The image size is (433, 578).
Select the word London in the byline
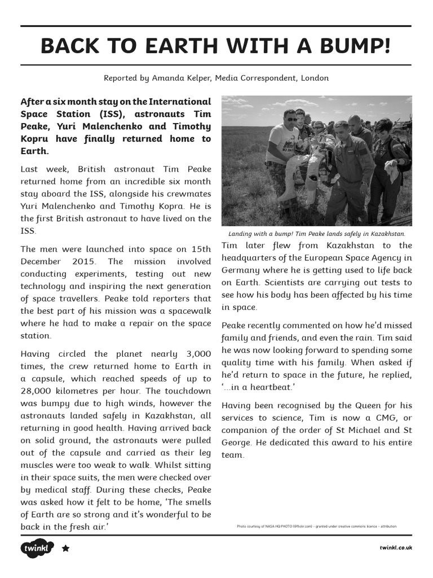coord(315,78)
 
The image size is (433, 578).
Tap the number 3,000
coord(199,354)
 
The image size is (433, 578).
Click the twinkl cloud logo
coord(37,548)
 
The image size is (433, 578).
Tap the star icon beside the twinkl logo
coord(65,548)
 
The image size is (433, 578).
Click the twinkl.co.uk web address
coord(396,548)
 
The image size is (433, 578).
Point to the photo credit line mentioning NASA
coord(316,526)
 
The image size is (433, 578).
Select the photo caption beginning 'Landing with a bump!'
coord(316,234)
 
